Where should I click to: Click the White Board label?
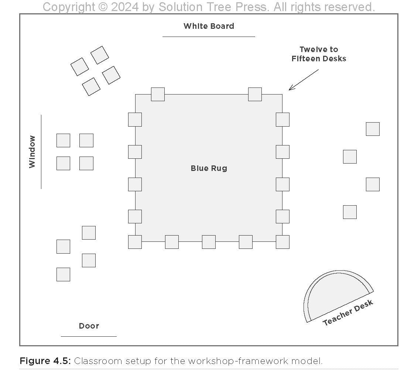(x=209, y=26)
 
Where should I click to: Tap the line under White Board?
(x=209, y=37)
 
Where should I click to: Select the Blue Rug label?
(x=209, y=168)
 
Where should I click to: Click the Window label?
(x=32, y=152)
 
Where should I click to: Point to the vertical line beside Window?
(x=41, y=152)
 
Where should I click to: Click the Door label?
(x=89, y=326)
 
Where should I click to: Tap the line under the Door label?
(x=89, y=336)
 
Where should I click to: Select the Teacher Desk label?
(x=348, y=313)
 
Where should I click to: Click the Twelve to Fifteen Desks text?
(x=319, y=54)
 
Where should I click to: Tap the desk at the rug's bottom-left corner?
(x=135, y=242)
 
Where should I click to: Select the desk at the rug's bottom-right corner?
(x=282, y=242)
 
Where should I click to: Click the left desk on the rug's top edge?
(x=158, y=94)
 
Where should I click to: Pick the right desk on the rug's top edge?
(x=255, y=94)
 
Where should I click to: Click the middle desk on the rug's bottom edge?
(x=209, y=242)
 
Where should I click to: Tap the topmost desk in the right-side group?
(x=373, y=129)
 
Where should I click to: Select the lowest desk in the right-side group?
(x=350, y=212)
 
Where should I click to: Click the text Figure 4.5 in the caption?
(x=45, y=361)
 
